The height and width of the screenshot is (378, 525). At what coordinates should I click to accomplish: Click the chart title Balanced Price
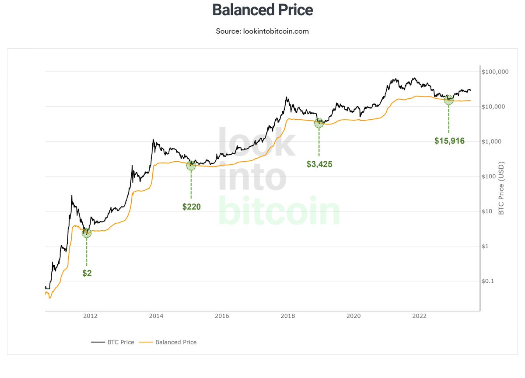tap(262, 10)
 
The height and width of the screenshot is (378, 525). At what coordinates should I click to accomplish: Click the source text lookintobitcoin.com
tap(262, 31)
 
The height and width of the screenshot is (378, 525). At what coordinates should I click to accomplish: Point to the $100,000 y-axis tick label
tap(495, 72)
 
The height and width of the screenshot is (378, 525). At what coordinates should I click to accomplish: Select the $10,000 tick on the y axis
tap(493, 107)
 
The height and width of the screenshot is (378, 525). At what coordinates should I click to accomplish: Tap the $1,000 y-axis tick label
tap(492, 142)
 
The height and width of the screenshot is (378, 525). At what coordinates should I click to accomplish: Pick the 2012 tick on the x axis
tap(90, 317)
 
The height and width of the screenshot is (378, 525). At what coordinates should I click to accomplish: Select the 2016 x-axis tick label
tap(222, 317)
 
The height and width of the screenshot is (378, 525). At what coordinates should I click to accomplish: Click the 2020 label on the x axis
tap(353, 317)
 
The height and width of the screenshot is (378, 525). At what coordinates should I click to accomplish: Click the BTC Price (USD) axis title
tap(501, 188)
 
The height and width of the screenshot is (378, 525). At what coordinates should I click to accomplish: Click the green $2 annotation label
tap(87, 274)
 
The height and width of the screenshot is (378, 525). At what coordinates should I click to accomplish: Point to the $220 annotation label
tap(191, 207)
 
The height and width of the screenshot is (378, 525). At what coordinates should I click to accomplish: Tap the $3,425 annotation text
tap(319, 164)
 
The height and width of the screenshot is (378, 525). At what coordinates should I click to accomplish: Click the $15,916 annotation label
tap(449, 141)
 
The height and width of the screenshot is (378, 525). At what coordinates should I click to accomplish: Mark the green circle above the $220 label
tap(191, 166)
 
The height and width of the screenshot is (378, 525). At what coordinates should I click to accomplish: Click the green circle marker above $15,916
tap(448, 100)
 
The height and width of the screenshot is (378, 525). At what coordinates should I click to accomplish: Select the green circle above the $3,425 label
tap(319, 123)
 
